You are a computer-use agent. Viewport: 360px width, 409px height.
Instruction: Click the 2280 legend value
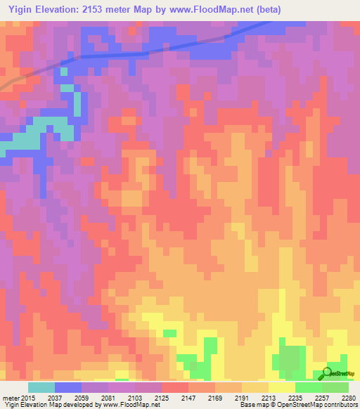tap(349, 398)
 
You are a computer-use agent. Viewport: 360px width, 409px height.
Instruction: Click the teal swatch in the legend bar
tap(41, 387)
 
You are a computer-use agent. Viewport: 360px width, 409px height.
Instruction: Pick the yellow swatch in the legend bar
tap(281, 387)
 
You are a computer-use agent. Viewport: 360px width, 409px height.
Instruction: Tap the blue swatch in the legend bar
tap(67, 387)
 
